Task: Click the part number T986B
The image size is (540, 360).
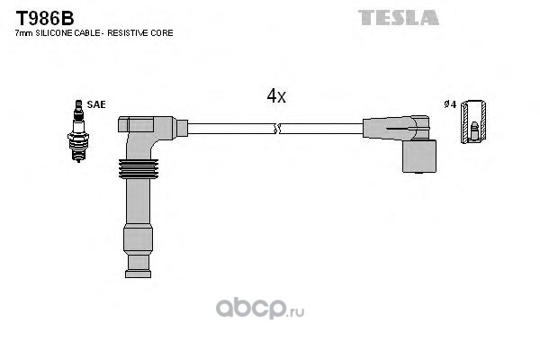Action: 45,18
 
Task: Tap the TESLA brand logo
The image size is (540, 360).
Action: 399,18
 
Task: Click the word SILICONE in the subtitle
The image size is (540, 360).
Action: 54,33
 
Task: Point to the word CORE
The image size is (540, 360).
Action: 163,33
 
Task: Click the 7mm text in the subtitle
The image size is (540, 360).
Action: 24,33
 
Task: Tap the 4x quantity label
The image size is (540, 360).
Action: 276,96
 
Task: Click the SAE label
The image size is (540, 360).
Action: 96,104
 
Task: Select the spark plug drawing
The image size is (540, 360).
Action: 78,130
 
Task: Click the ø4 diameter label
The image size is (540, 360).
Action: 450,104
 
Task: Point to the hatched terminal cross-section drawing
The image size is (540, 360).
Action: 473,121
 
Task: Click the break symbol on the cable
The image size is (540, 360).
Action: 277,129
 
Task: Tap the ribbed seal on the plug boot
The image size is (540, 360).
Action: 139,169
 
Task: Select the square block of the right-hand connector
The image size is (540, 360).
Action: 419,157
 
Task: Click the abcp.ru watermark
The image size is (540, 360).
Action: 260,309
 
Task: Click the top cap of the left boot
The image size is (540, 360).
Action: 136,124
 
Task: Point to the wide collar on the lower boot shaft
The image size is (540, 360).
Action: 138,239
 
